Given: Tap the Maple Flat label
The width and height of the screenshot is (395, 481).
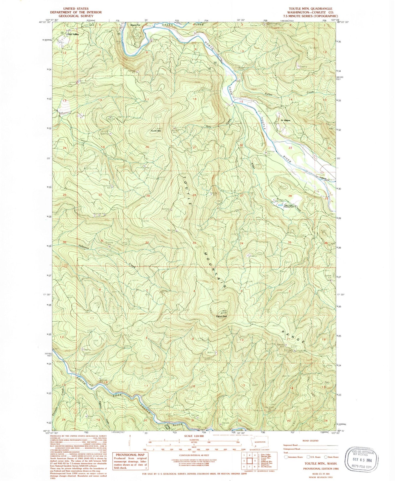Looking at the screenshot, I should pyautogui.click(x=135, y=25).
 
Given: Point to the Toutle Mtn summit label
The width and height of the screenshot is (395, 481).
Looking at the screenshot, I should pyautogui.click(x=156, y=131).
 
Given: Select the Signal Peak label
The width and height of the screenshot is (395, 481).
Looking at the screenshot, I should pyautogui.click(x=221, y=316).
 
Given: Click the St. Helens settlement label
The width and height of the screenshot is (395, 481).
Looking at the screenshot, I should pyautogui.click(x=285, y=120).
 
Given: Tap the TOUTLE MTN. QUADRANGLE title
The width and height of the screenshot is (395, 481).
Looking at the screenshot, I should pyautogui.click(x=311, y=9).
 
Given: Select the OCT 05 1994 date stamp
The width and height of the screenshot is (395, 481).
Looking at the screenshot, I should pyautogui.click(x=361, y=461).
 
